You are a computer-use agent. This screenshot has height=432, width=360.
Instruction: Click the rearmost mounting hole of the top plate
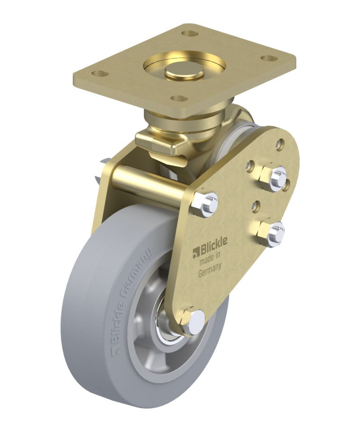[x=190, y=33]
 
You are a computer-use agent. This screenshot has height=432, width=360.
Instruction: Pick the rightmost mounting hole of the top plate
[x=268, y=59]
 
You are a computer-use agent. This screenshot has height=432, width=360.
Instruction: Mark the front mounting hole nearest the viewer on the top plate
[x=178, y=98]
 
